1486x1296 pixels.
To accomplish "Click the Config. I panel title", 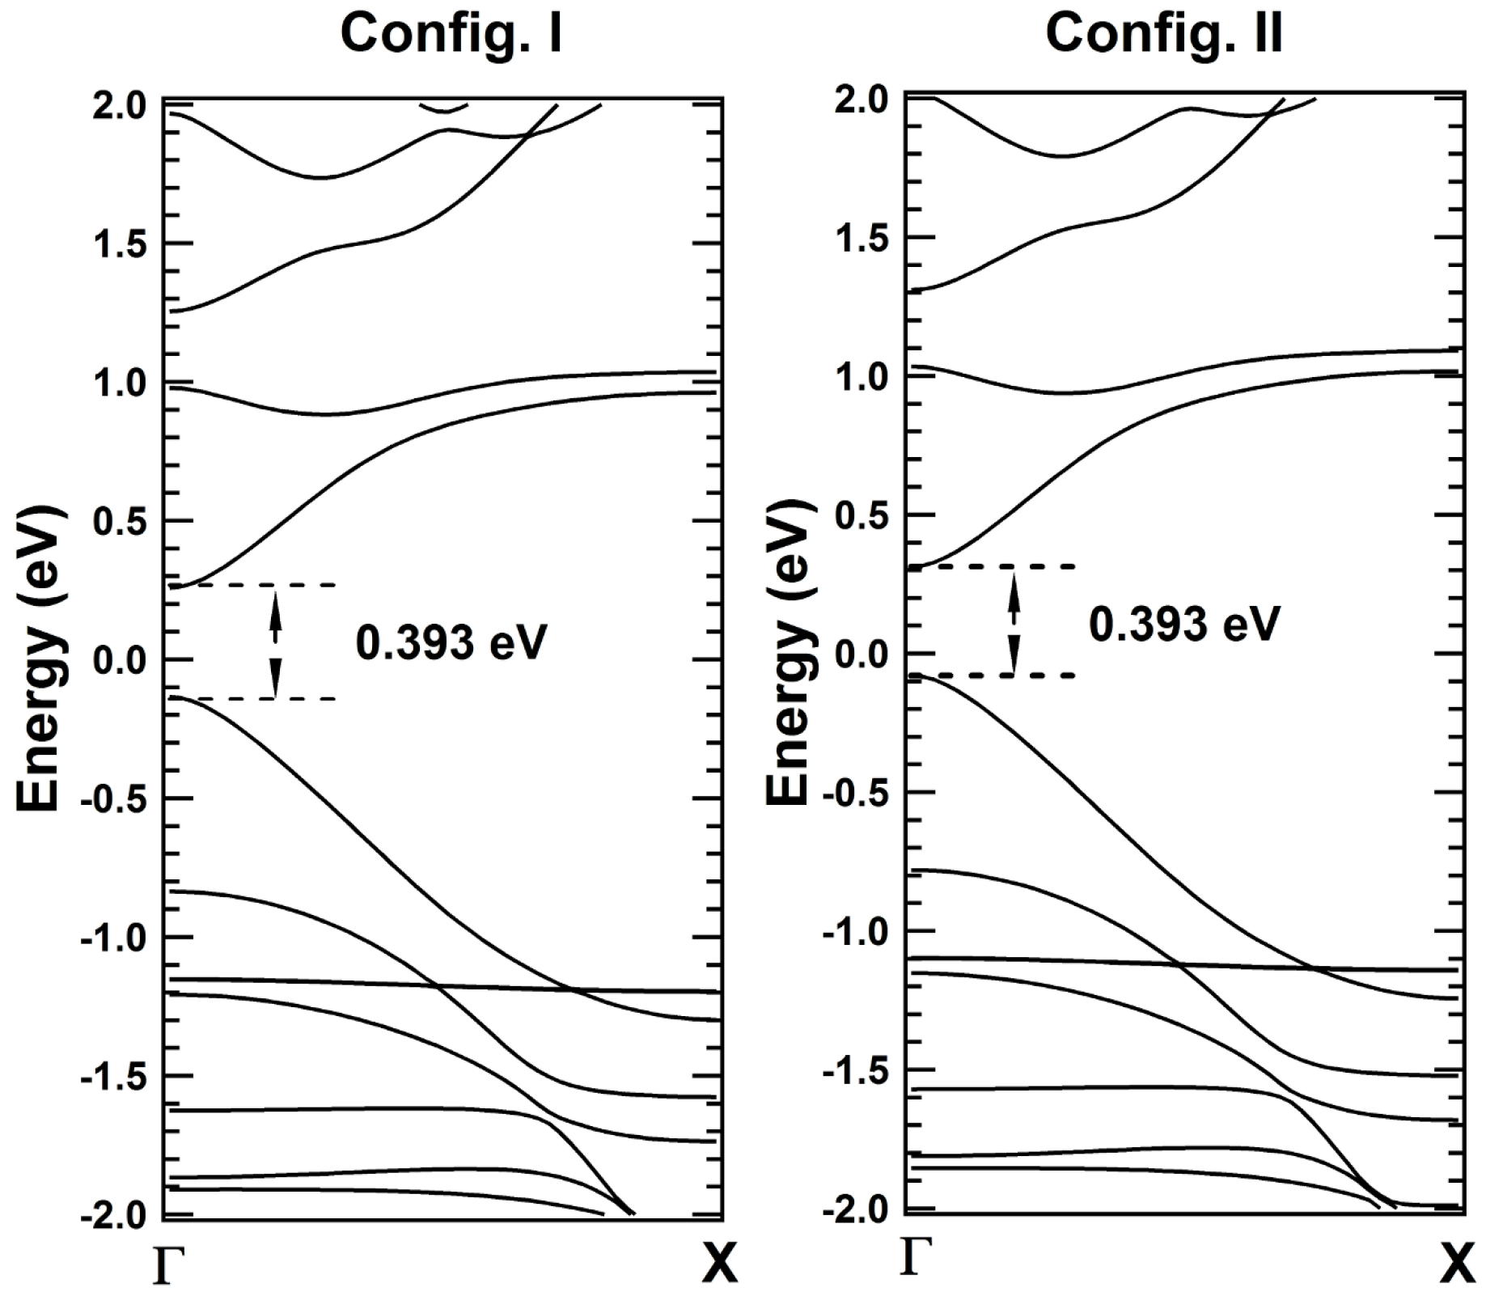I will (451, 35).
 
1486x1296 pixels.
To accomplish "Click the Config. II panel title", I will (1163, 35).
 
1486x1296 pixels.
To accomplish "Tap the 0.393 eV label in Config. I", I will (451, 642).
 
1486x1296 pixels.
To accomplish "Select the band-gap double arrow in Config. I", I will (275, 642).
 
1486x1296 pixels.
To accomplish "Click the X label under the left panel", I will (719, 1264).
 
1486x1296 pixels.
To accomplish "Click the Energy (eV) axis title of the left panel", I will (38, 659).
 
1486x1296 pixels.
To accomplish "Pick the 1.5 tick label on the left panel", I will (120, 244).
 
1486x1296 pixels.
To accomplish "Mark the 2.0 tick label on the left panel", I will (120, 105).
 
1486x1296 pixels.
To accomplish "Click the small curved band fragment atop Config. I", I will (443, 108).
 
